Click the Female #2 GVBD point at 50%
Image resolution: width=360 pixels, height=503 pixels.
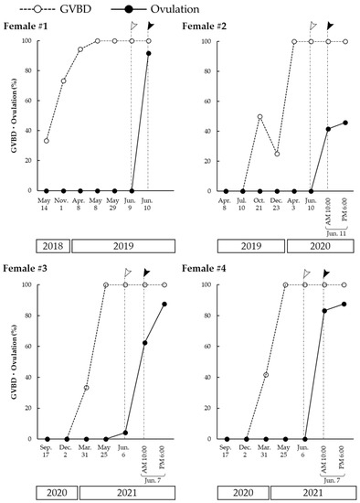pyautogui.click(x=259, y=116)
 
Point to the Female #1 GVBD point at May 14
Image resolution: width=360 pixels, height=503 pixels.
pyautogui.click(x=47, y=140)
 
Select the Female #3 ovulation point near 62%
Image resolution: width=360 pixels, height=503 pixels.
pyautogui.click(x=144, y=343)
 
